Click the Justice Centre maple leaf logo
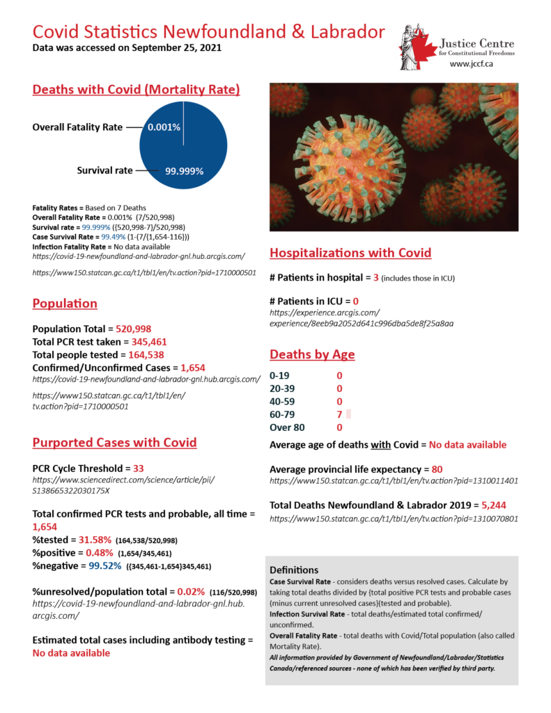(x=416, y=47)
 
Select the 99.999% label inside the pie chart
(x=184, y=171)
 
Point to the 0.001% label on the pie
(x=164, y=127)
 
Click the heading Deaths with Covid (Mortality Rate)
(x=137, y=90)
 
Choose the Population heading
(x=65, y=304)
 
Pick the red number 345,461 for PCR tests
(x=143, y=342)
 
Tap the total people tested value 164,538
(x=141, y=354)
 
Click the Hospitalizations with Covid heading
(x=350, y=253)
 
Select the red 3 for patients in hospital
(x=375, y=278)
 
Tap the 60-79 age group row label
(x=283, y=414)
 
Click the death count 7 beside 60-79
(x=339, y=414)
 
